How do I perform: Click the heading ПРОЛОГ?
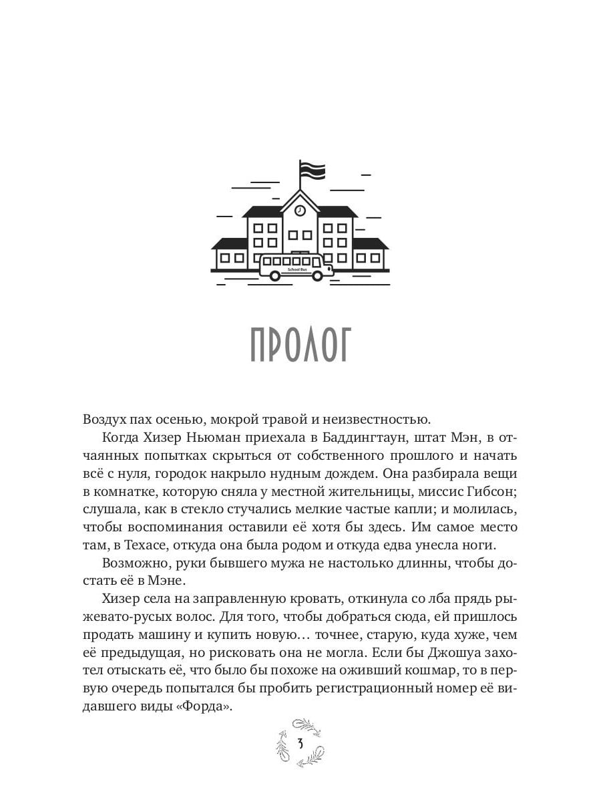click(x=300, y=346)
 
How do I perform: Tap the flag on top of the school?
click(x=311, y=171)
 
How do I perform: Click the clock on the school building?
click(x=300, y=210)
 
